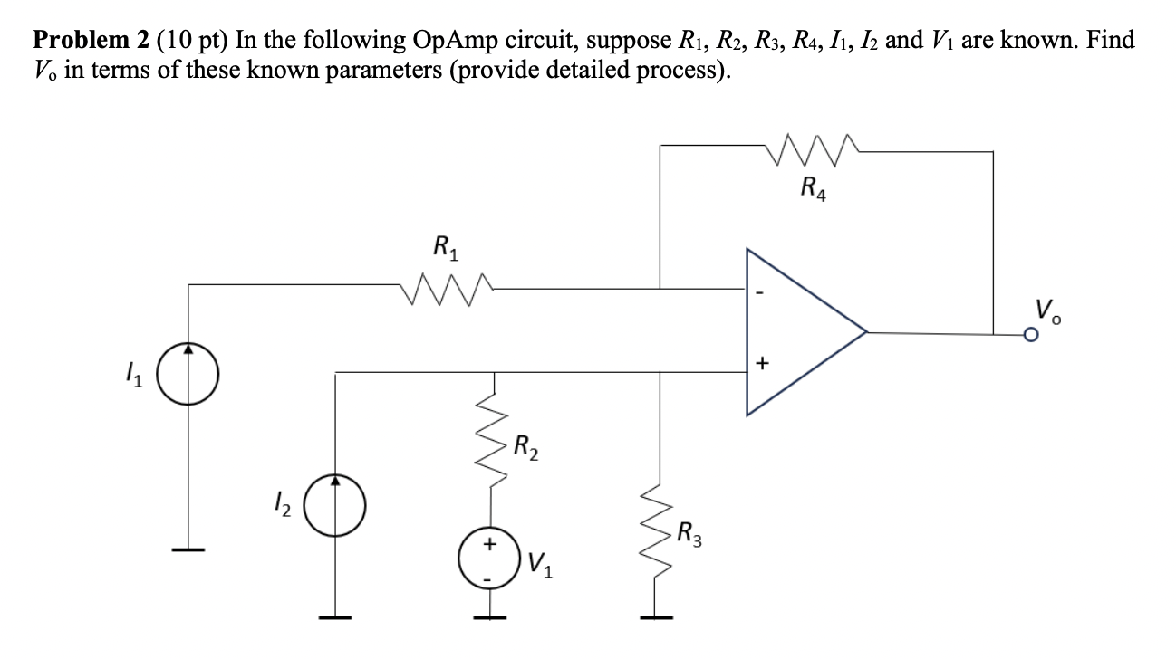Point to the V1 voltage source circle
tap(490, 556)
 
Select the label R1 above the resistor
tap(446, 246)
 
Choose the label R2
tap(526, 447)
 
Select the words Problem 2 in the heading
tap(87, 41)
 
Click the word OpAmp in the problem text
tap(463, 41)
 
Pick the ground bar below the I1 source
tap(189, 549)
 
